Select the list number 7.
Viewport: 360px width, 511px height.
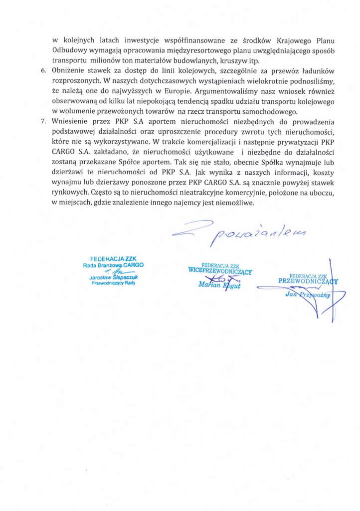tap(43, 121)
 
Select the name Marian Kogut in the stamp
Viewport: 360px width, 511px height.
tap(219, 284)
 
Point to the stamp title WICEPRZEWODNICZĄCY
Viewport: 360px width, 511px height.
tap(219, 271)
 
